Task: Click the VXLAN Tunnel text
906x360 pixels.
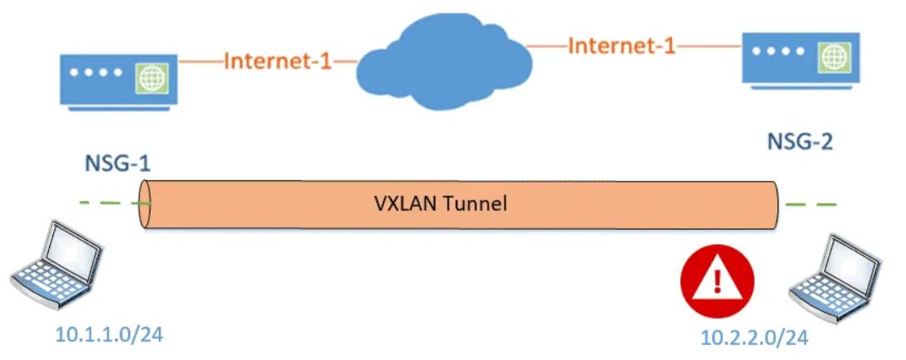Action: click(439, 203)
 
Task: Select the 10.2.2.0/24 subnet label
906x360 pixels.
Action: click(755, 338)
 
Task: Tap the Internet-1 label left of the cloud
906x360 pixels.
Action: click(276, 62)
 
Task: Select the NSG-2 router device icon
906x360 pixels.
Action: click(799, 57)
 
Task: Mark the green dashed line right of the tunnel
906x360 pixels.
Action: click(810, 204)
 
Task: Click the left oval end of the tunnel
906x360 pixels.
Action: click(146, 204)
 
